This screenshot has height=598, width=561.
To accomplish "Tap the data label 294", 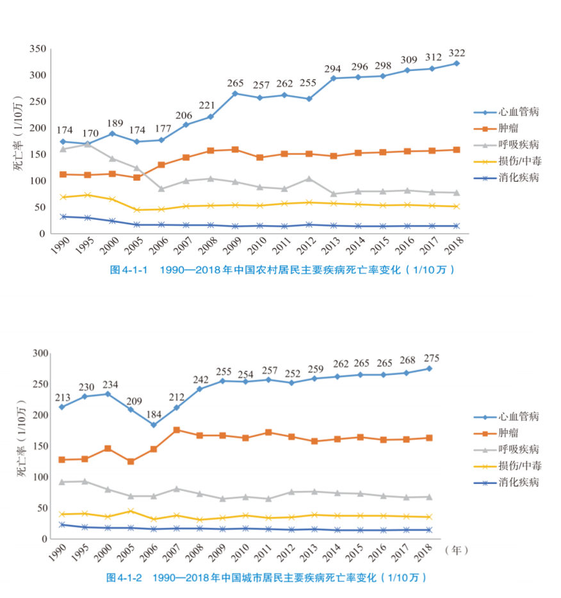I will coord(334,68).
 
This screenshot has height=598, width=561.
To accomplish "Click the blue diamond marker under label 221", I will coord(210,117).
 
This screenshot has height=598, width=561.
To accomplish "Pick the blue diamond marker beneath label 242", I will coord(199,389).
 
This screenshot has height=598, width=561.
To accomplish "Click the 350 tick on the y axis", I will coord(37,49).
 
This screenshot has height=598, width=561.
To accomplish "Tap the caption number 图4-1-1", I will coord(129,270).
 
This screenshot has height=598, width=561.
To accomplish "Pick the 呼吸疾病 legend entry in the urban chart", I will coord(518,449).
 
